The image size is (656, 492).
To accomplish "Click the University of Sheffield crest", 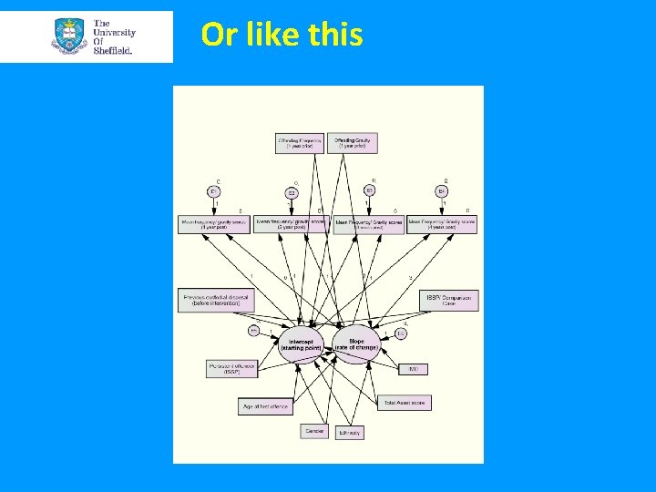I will (70, 36).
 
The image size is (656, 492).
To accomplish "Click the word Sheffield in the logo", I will (112, 51).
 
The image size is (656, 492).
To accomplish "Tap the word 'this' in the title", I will (336, 35).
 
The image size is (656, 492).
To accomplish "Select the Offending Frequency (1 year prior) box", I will (300, 143).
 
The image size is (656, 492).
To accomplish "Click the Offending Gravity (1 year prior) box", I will (355, 143).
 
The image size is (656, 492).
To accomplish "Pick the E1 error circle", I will (215, 191).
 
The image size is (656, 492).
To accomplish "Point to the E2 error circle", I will (292, 192).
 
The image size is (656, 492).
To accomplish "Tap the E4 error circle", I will (441, 191).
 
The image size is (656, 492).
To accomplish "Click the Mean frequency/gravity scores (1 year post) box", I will (214, 224).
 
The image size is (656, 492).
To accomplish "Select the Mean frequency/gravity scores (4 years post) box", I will (442, 224).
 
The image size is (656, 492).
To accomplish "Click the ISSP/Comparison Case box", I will (448, 300).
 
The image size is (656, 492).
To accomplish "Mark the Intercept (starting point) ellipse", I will (301, 344).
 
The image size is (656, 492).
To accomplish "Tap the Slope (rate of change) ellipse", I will (356, 344).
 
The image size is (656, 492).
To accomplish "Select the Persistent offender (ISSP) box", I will (231, 368).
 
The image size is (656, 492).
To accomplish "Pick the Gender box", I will (314, 430).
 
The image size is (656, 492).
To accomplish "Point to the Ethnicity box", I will (349, 432).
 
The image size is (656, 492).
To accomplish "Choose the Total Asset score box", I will (405, 402).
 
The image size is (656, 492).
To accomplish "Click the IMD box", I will (413, 368).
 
